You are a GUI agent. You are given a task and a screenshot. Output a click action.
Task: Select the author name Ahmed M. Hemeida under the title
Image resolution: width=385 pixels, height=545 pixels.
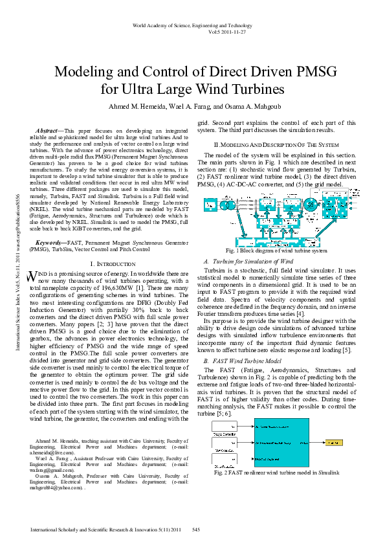click(135, 106)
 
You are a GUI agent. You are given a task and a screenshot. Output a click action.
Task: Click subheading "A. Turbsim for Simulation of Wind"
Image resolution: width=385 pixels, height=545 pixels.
click(245, 260)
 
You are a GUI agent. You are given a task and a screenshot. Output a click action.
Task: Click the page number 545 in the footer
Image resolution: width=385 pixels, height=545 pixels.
click(196, 530)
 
